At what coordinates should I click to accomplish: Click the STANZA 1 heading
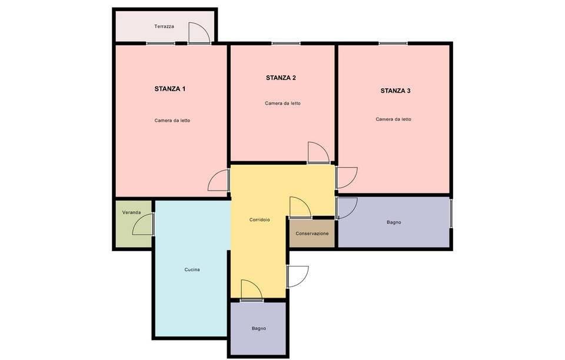point(170,89)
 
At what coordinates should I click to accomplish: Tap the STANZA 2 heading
point(281,78)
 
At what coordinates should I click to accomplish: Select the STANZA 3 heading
point(395,91)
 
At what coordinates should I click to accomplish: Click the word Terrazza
point(164,26)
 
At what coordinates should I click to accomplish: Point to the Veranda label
point(131,212)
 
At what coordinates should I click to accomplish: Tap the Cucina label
point(192,269)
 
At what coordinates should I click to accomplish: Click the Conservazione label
point(312,234)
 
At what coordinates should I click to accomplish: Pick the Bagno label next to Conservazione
point(394,222)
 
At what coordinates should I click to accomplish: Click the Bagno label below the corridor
point(259,328)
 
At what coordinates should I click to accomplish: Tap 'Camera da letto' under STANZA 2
point(282,103)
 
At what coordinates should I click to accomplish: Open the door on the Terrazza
point(199,34)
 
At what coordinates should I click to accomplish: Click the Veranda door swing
point(144,225)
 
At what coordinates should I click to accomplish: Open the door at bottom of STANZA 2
point(318,153)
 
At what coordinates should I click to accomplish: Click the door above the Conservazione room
point(300,208)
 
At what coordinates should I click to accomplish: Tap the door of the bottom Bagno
point(251,291)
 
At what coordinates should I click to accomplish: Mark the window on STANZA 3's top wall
point(393,43)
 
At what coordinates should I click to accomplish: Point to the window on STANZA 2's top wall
point(285,43)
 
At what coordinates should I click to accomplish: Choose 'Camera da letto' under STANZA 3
point(393,119)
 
